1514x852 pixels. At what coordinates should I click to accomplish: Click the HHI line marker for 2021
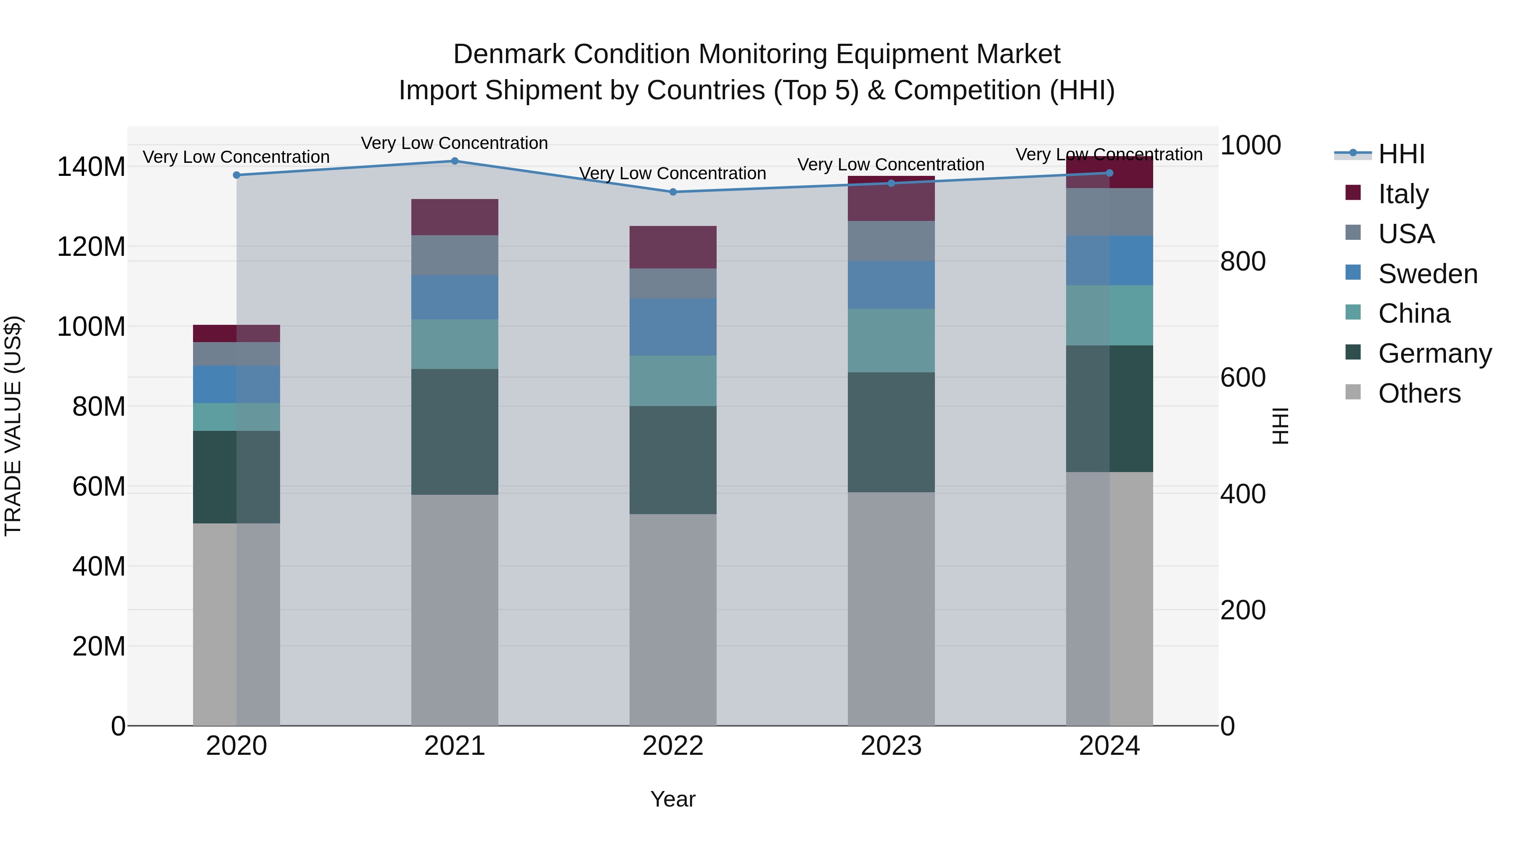click(454, 161)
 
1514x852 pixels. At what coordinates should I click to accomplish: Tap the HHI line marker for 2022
click(673, 192)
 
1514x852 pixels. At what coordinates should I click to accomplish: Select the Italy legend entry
click(1403, 194)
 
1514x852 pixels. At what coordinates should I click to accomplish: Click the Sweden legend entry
click(1427, 274)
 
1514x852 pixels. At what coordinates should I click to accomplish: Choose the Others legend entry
click(1419, 393)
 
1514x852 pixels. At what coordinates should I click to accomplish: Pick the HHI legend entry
click(1401, 154)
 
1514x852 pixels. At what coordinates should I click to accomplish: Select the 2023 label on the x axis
click(891, 746)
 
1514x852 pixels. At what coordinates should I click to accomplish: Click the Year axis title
click(673, 799)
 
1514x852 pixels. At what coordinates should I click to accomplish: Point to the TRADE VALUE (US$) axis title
click(13, 426)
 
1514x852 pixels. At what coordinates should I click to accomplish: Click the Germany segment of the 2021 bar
click(454, 432)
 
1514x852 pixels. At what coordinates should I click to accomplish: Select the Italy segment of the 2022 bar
click(673, 247)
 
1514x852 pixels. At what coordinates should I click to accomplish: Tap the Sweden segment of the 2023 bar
click(891, 285)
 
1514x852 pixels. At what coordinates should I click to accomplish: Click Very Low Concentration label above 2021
click(454, 143)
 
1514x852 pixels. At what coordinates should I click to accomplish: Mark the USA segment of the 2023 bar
click(891, 241)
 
